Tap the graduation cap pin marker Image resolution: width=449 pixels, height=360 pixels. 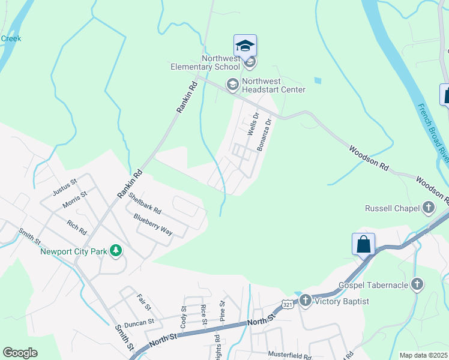coord(245,46)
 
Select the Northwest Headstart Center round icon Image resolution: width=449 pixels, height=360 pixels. coord(232,85)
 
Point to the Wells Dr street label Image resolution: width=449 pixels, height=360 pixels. coord(253,124)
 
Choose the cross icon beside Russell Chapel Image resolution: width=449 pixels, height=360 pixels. coord(428,209)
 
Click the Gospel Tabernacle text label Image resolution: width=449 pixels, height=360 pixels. coord(373,284)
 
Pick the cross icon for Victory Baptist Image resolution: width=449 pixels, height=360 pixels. coord(306,301)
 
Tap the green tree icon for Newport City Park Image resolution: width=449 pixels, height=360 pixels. coord(115,251)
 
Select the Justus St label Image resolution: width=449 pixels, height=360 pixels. coord(65,187)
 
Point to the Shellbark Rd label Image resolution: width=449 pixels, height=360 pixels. coord(144,204)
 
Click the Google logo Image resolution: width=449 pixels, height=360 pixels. coord(20,353)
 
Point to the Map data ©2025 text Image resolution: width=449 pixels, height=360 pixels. coord(423,355)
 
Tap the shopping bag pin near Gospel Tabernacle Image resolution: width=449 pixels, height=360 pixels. coord(363,245)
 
